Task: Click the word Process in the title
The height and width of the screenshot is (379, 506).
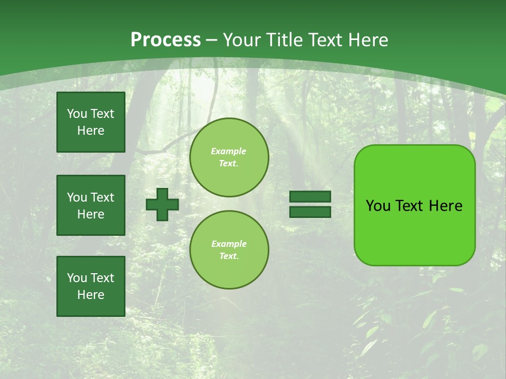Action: (166, 40)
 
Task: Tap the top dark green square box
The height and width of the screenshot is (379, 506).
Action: (91, 122)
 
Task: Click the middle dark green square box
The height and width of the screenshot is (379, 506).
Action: (91, 205)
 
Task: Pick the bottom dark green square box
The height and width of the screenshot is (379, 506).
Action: (91, 286)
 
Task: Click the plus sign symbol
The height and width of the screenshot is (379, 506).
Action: (162, 204)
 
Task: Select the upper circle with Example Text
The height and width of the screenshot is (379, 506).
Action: (229, 157)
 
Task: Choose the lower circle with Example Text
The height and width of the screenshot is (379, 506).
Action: (229, 250)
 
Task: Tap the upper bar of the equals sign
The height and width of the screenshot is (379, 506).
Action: (310, 197)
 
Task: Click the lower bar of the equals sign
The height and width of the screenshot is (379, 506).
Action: (310, 212)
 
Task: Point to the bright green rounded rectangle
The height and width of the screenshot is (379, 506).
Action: (414, 232)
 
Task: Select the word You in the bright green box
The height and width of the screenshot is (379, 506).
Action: (378, 206)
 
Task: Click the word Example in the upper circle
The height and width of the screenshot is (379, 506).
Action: (229, 151)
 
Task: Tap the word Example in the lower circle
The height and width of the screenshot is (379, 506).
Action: (229, 244)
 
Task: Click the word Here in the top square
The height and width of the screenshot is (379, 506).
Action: (91, 131)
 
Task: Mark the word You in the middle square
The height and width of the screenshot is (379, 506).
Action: (77, 197)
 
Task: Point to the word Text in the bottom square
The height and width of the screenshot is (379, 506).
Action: (102, 278)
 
